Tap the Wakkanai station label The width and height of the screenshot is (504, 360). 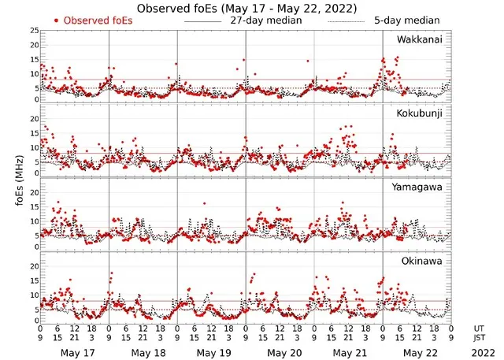coord(420,39)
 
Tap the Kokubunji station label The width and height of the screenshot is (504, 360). coord(419,114)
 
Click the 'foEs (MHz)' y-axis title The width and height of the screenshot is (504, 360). coord(18,177)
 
